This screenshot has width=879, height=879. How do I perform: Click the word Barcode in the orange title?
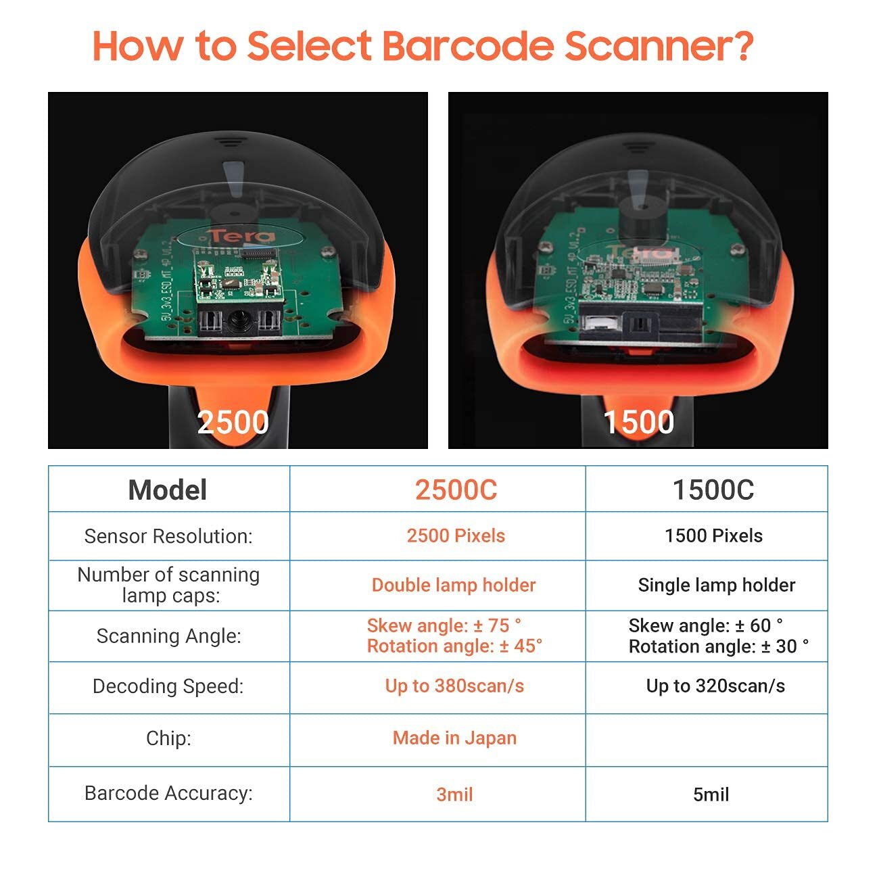468,46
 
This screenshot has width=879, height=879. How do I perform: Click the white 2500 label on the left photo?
233,422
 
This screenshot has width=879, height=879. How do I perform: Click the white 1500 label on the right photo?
638,422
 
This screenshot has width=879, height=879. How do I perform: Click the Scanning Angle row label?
169,636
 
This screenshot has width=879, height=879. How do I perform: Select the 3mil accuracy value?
454,794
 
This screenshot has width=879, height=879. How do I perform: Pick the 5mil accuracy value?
711,794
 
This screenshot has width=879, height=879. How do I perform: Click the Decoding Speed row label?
168,686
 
